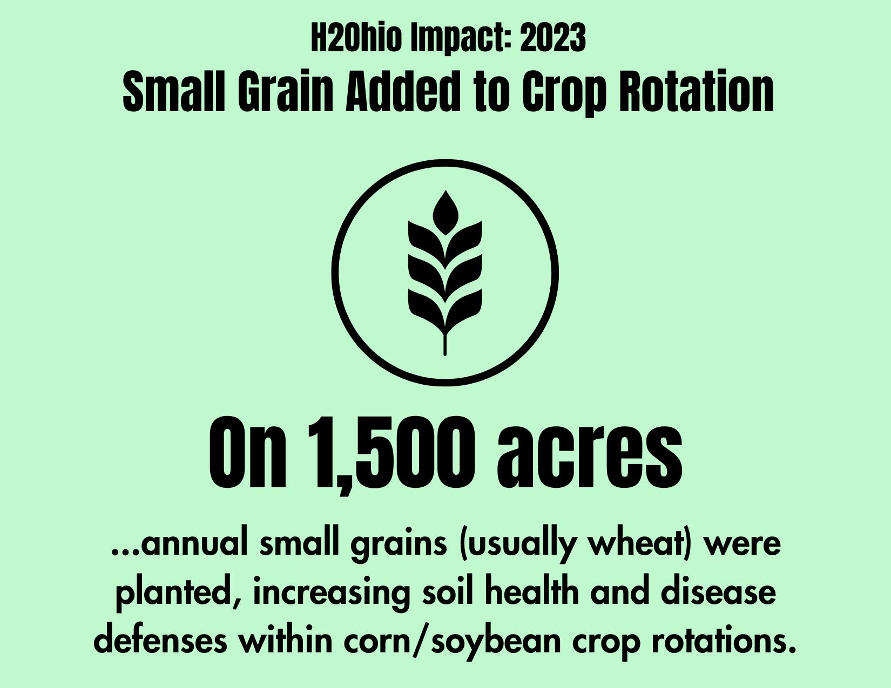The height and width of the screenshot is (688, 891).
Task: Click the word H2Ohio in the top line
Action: pos(356,38)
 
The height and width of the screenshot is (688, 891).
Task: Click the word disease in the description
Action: pos(718,592)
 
